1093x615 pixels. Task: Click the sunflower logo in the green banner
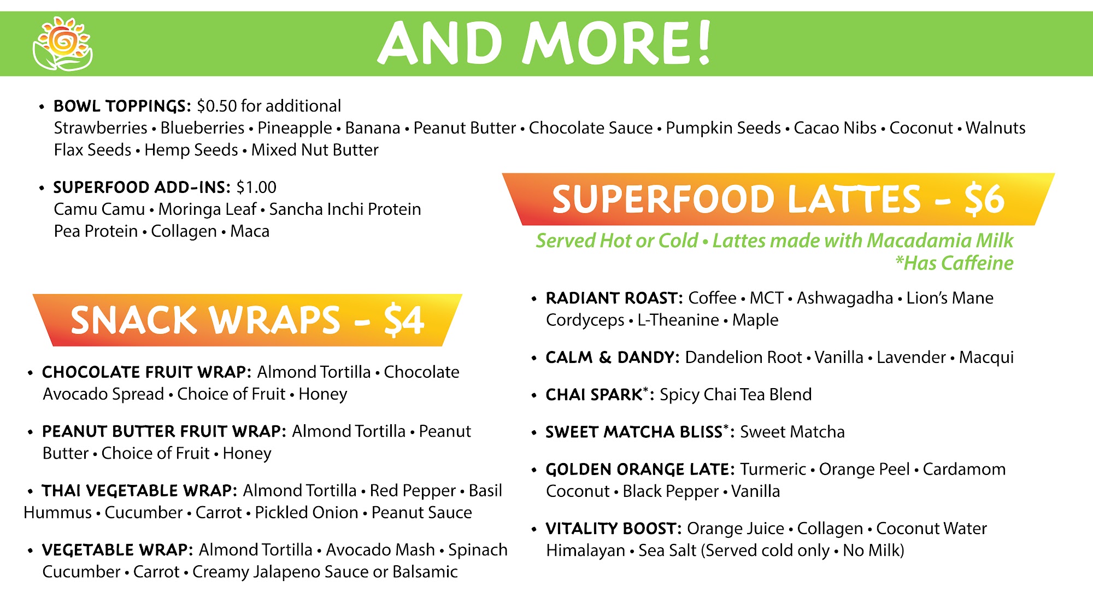tap(62, 44)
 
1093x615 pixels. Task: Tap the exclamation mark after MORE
tap(704, 42)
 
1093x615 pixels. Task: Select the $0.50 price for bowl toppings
tap(217, 106)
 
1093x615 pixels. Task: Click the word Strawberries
tap(101, 128)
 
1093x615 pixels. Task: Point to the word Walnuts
tap(995, 128)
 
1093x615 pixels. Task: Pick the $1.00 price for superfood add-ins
tap(256, 188)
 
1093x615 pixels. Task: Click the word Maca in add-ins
tap(250, 231)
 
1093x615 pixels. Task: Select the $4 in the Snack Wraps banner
tap(403, 320)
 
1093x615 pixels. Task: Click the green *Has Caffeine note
tap(954, 263)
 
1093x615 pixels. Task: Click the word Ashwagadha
tap(845, 298)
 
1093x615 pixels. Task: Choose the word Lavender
tap(911, 358)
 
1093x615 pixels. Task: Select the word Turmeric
tap(773, 469)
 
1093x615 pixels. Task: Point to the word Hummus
tap(57, 513)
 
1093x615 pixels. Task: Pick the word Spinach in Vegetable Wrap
tap(478, 550)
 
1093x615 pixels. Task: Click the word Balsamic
tap(425, 572)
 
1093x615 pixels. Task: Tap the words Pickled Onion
tap(307, 513)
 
